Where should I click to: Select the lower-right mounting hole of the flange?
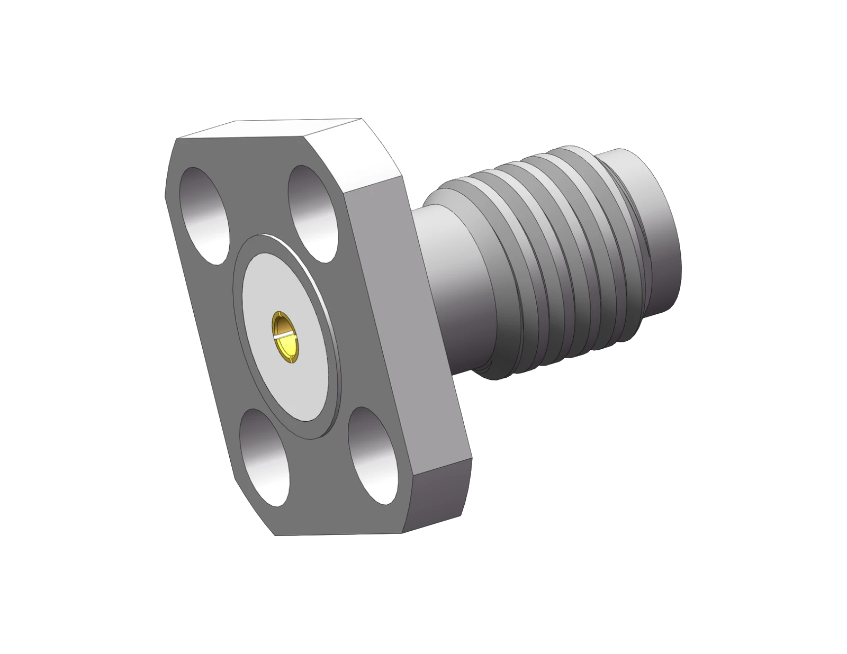373,455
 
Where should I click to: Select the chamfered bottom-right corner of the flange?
439,503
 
